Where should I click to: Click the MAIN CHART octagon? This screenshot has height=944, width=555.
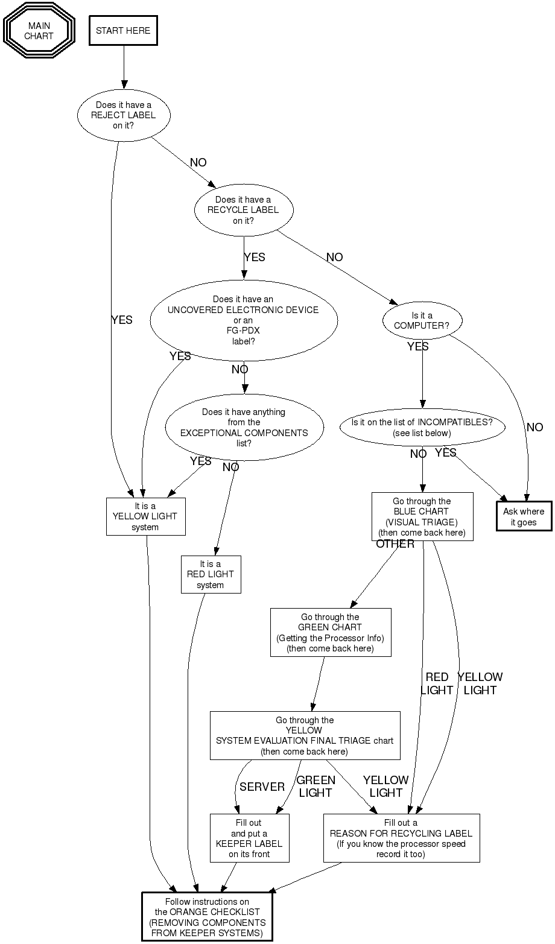click(39, 31)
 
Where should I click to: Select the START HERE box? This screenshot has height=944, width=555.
click(123, 31)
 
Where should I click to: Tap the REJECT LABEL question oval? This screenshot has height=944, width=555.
click(124, 115)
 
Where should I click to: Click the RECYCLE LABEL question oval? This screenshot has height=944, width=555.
click(244, 210)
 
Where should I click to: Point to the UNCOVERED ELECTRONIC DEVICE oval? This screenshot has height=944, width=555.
click(243, 320)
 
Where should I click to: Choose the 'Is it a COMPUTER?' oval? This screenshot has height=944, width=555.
click(422, 320)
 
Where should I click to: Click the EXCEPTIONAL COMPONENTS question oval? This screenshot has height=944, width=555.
click(244, 428)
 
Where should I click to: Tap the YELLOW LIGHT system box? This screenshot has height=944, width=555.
click(145, 516)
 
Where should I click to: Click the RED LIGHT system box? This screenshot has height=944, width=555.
click(211, 574)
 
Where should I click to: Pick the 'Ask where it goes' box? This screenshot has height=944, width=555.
click(524, 516)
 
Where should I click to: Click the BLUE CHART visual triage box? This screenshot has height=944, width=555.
click(422, 516)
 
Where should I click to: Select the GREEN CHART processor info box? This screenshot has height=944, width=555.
click(331, 632)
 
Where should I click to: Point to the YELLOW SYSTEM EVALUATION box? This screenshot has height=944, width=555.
click(305, 735)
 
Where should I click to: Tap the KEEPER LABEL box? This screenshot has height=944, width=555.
click(249, 838)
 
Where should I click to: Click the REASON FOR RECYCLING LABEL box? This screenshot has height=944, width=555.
click(401, 838)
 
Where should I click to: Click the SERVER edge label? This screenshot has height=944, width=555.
click(262, 787)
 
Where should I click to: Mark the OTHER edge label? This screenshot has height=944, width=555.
click(395, 544)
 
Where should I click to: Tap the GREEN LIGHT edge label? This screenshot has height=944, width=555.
click(316, 787)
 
